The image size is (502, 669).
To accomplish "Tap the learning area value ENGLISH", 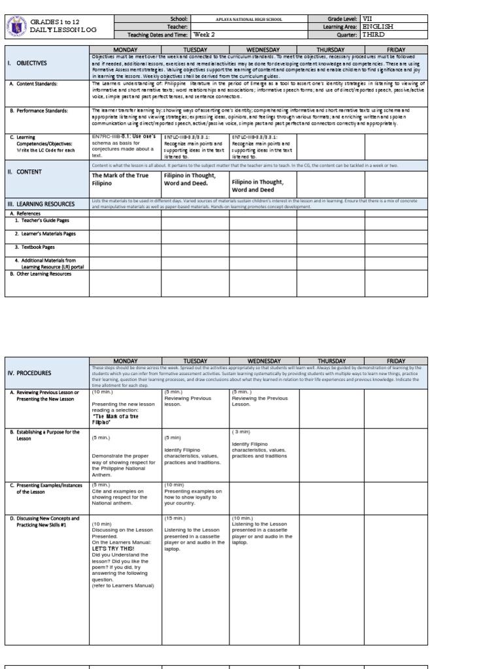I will click(378, 27).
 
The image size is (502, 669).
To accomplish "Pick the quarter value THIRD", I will click(373, 35).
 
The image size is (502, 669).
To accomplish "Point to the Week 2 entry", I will click(203, 35).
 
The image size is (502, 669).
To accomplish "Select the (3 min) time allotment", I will click(241, 432).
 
